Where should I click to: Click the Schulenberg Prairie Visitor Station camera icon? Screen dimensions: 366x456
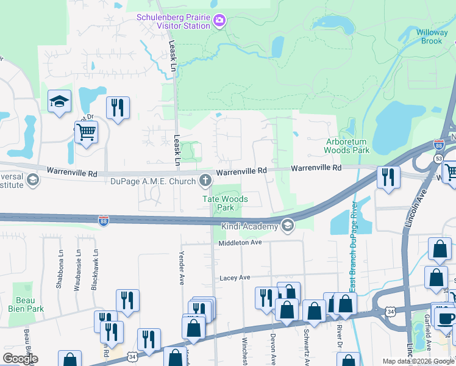coord(219,22)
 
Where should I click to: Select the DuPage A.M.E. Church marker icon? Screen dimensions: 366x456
coord(205,180)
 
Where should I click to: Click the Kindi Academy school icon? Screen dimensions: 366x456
coord(287,226)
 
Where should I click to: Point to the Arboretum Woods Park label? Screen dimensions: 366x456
coord(346,145)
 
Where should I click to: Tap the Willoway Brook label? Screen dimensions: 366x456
coord(432,37)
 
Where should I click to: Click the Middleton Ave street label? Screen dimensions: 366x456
coord(240,243)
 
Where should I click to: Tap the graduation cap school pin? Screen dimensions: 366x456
coord(60,102)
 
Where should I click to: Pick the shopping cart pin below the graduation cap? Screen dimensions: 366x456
coord(86,132)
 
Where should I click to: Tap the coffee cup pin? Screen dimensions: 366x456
coord(444,319)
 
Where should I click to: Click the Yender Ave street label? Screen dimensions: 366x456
coord(181,268)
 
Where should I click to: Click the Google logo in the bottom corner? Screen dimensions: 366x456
coord(20,359)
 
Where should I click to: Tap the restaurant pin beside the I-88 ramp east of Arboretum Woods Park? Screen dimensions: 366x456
coord(388,178)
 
